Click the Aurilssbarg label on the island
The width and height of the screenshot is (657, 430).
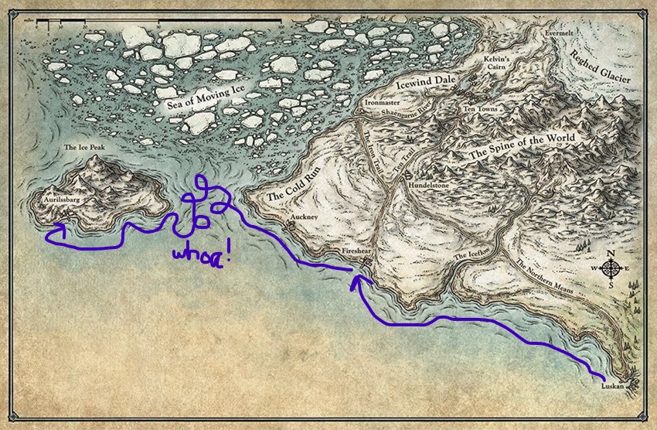pos(63,199)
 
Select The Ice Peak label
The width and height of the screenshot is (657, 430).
pos(81,148)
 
